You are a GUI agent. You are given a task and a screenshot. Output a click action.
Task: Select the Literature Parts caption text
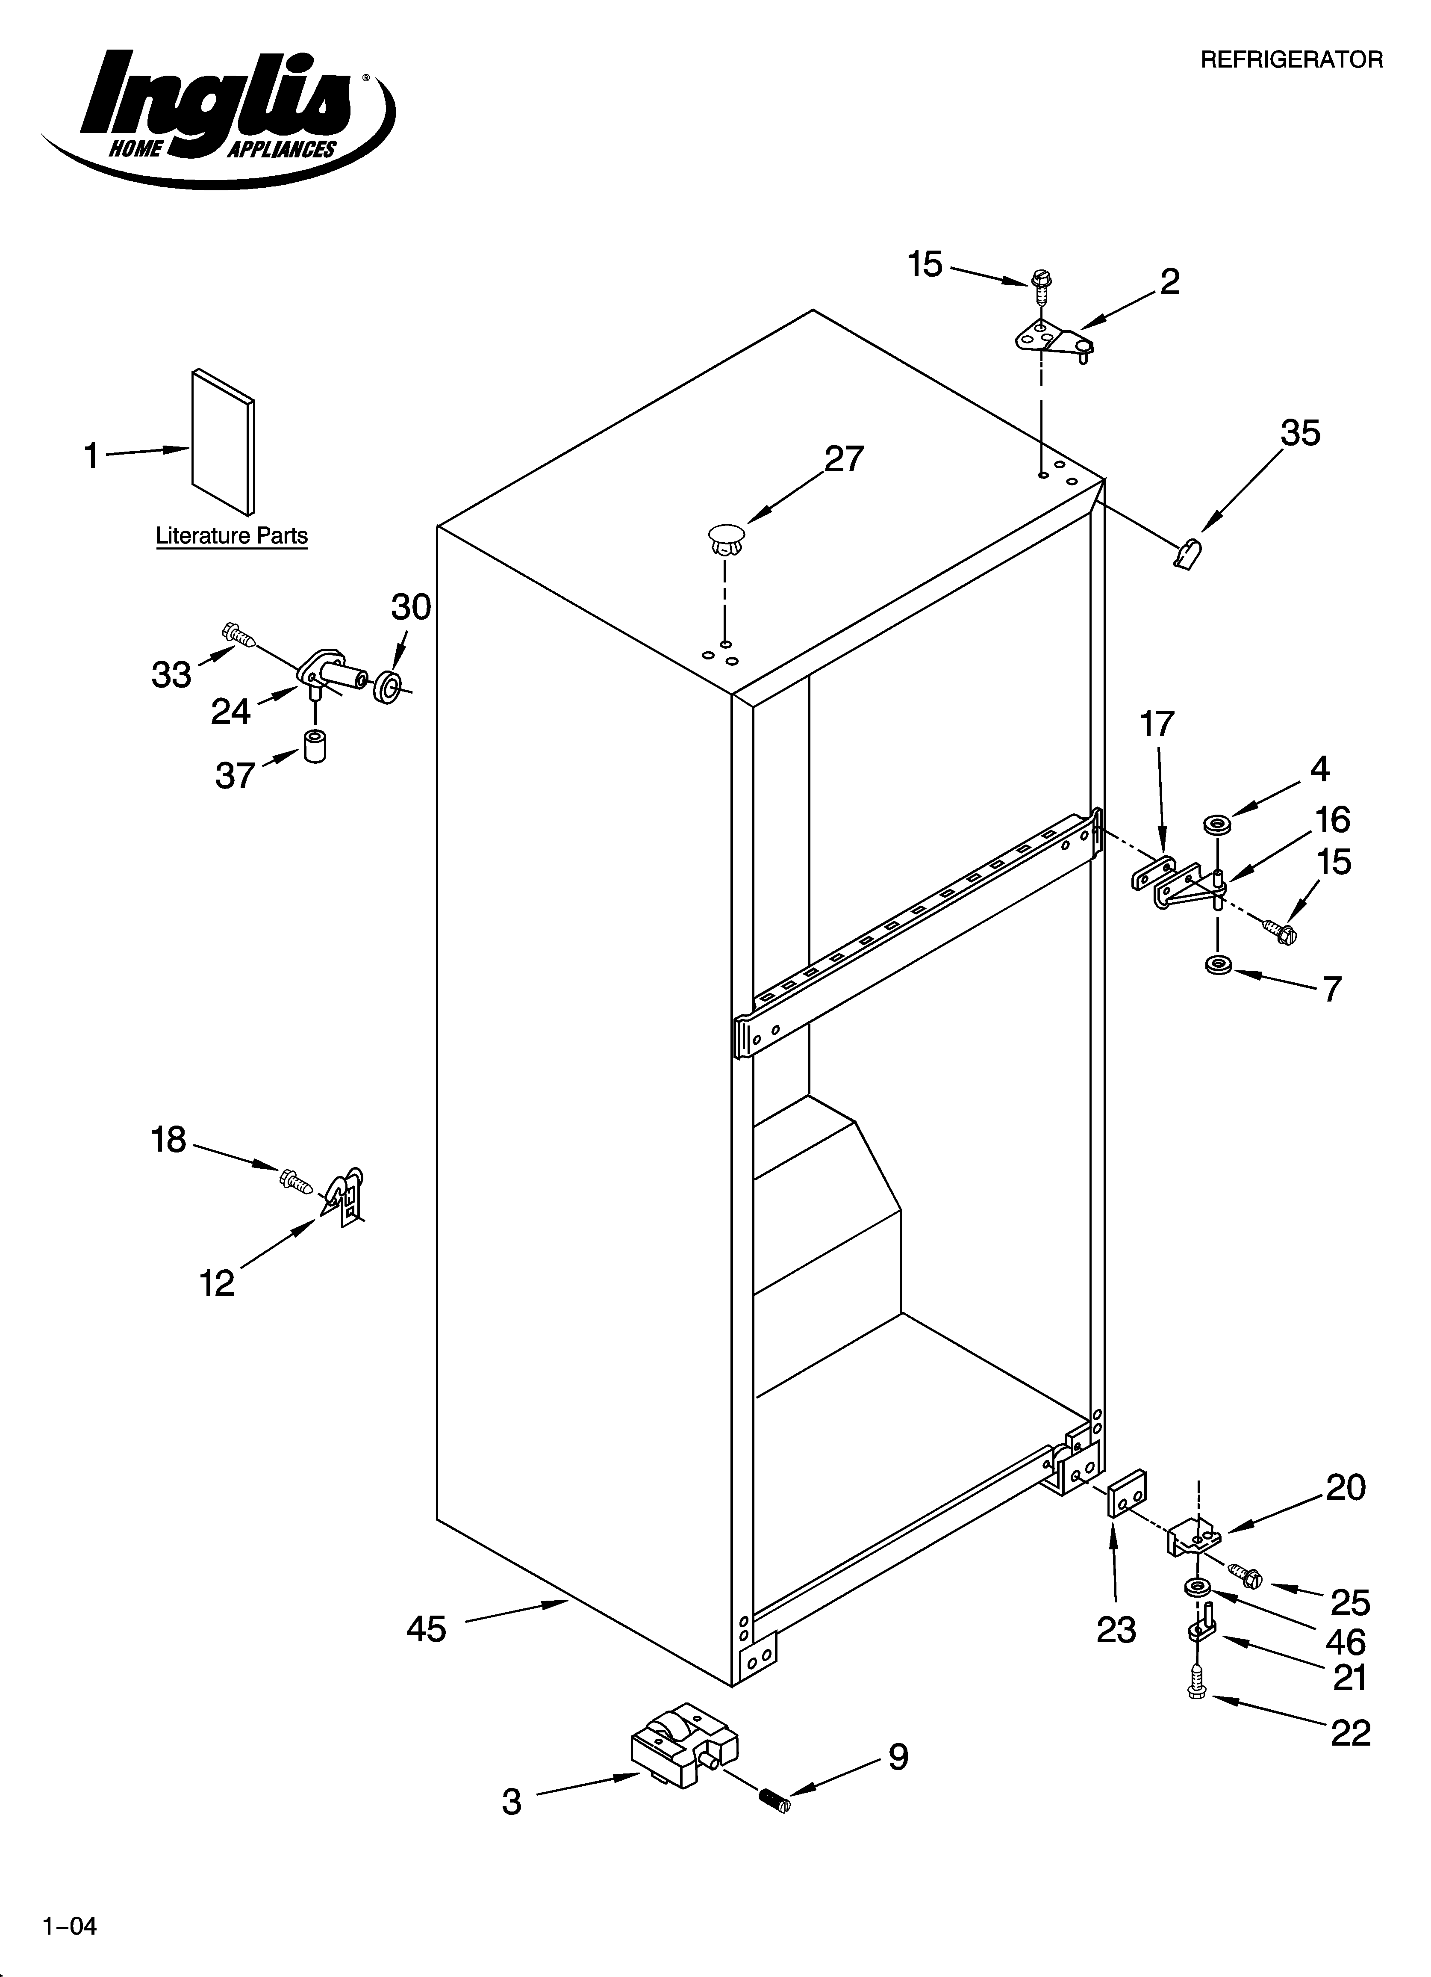[x=232, y=535]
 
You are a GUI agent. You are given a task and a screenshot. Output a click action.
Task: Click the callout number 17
[x=1157, y=724]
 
